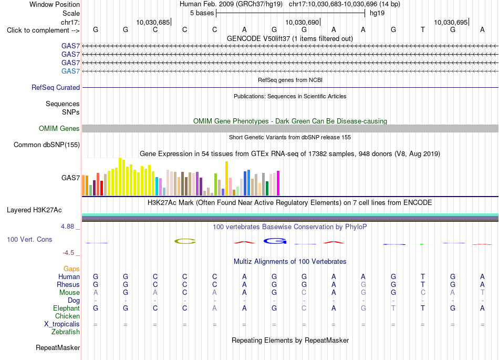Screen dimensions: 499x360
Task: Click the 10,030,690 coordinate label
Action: pyautogui.click(x=302, y=22)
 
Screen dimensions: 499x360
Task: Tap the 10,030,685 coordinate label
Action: pyautogui.click(x=153, y=22)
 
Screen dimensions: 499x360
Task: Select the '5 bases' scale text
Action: pyautogui.click(x=202, y=13)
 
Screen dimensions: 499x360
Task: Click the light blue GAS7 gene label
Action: pyautogui.click(x=71, y=71)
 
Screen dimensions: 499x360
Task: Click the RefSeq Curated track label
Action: pyautogui.click(x=56, y=88)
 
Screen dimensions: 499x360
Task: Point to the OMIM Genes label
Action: pyautogui.click(x=59, y=128)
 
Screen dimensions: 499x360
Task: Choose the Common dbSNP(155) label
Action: pyautogui.click(x=47, y=145)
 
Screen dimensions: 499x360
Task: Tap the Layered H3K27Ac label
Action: pyautogui.click(x=34, y=210)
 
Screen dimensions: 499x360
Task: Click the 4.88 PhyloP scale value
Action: pyautogui.click(x=67, y=227)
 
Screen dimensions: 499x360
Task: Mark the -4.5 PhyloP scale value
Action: pyautogui.click(x=68, y=253)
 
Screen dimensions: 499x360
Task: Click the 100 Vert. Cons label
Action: pyautogui.click(x=29, y=239)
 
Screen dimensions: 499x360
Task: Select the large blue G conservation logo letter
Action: pyautogui.click(x=275, y=241)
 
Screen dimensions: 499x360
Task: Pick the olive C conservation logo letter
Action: pyautogui.click(x=185, y=241)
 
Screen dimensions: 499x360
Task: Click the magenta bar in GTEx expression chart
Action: pyautogui.click(x=278, y=183)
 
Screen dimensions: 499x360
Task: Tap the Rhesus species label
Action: pyautogui.click(x=68, y=284)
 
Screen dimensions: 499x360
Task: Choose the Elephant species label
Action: pyautogui.click(x=67, y=308)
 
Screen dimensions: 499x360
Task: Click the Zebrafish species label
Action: pyautogui.click(x=66, y=332)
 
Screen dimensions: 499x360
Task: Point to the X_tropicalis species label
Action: pyautogui.click(x=62, y=324)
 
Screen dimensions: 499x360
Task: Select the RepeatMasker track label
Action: pyautogui.click(x=58, y=347)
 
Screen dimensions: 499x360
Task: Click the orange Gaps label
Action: pyautogui.click(x=71, y=269)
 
